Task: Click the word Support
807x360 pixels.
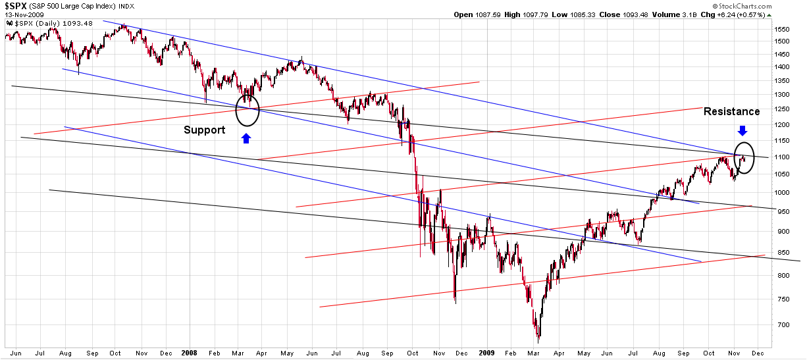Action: pos(204,130)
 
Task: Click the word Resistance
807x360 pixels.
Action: pos(731,112)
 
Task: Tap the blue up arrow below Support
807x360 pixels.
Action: pos(246,138)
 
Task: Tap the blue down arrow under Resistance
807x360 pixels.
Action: pos(742,130)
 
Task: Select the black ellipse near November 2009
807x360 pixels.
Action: pos(744,159)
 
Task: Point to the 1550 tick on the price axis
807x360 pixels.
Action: pos(782,30)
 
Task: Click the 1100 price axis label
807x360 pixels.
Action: pos(782,157)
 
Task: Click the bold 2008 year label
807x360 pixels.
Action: pos(190,352)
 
